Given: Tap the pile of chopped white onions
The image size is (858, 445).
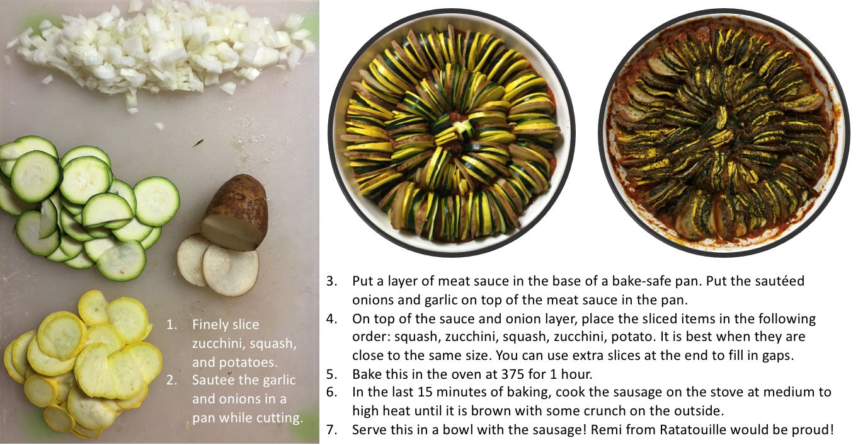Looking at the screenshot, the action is (x=161, y=50).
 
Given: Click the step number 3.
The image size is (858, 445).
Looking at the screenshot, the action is (x=332, y=281).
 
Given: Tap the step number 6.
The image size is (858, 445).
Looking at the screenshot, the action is (x=332, y=392).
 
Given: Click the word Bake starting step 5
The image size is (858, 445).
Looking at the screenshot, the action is (x=367, y=374).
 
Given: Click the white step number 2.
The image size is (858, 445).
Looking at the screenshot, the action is (x=171, y=380).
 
